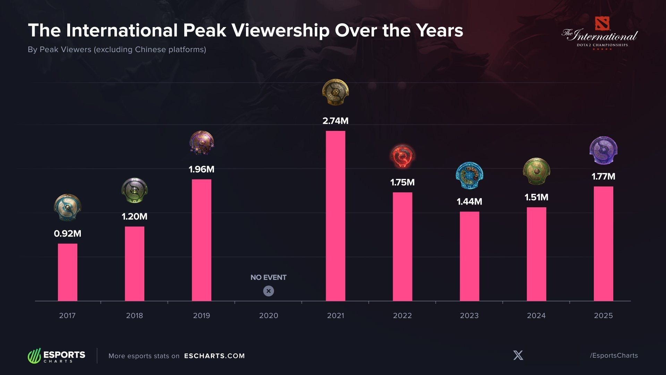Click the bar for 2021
click(335, 216)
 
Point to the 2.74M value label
click(335, 121)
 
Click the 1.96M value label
click(202, 169)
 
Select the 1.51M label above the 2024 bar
click(536, 197)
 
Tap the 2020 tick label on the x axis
click(268, 315)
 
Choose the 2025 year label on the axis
click(603, 315)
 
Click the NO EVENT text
click(268, 277)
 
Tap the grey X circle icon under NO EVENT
click(268, 291)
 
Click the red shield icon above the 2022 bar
click(402, 156)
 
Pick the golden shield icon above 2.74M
click(335, 92)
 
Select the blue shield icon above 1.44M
click(469, 175)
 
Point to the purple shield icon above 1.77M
click(603, 150)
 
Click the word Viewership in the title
click(280, 31)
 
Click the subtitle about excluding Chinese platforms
click(117, 49)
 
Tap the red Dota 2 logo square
click(602, 24)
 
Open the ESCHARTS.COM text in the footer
click(214, 356)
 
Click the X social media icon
click(518, 355)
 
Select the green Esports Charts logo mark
click(34, 356)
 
